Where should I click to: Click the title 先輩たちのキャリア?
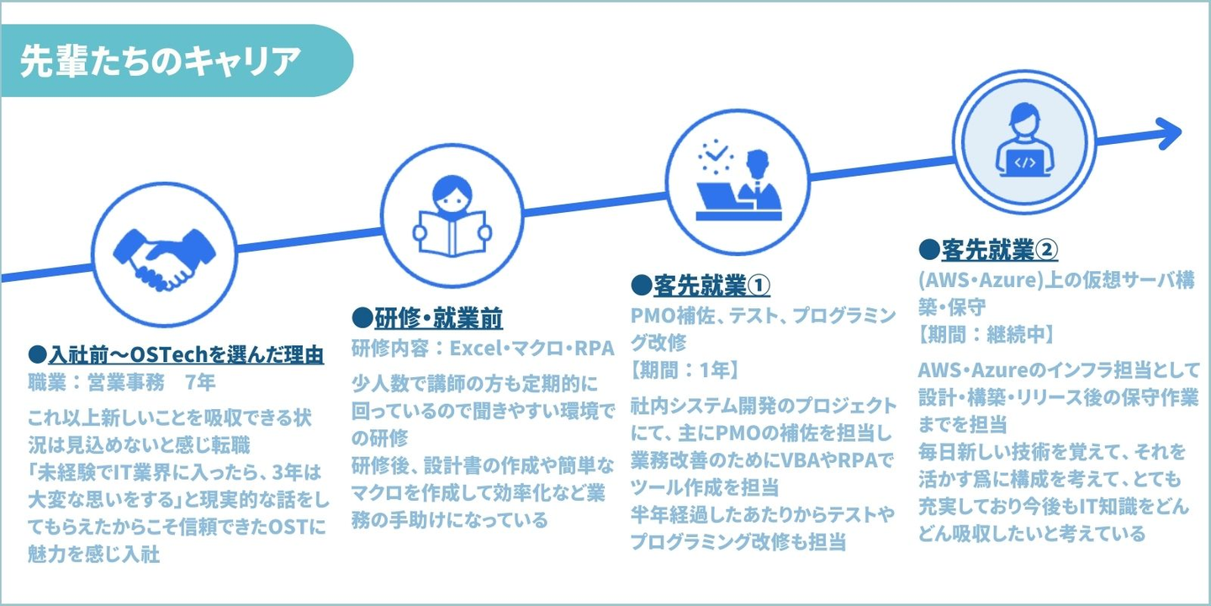(160, 61)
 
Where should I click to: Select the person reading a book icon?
(452, 216)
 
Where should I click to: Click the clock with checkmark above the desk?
(716, 157)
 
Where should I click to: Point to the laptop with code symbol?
(1024, 162)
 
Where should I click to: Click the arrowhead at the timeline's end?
(1169, 133)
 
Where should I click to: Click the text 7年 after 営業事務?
(200, 382)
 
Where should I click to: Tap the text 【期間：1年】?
(685, 370)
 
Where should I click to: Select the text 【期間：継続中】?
(986, 334)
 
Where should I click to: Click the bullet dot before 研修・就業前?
(362, 318)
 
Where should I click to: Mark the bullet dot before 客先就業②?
(929, 249)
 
